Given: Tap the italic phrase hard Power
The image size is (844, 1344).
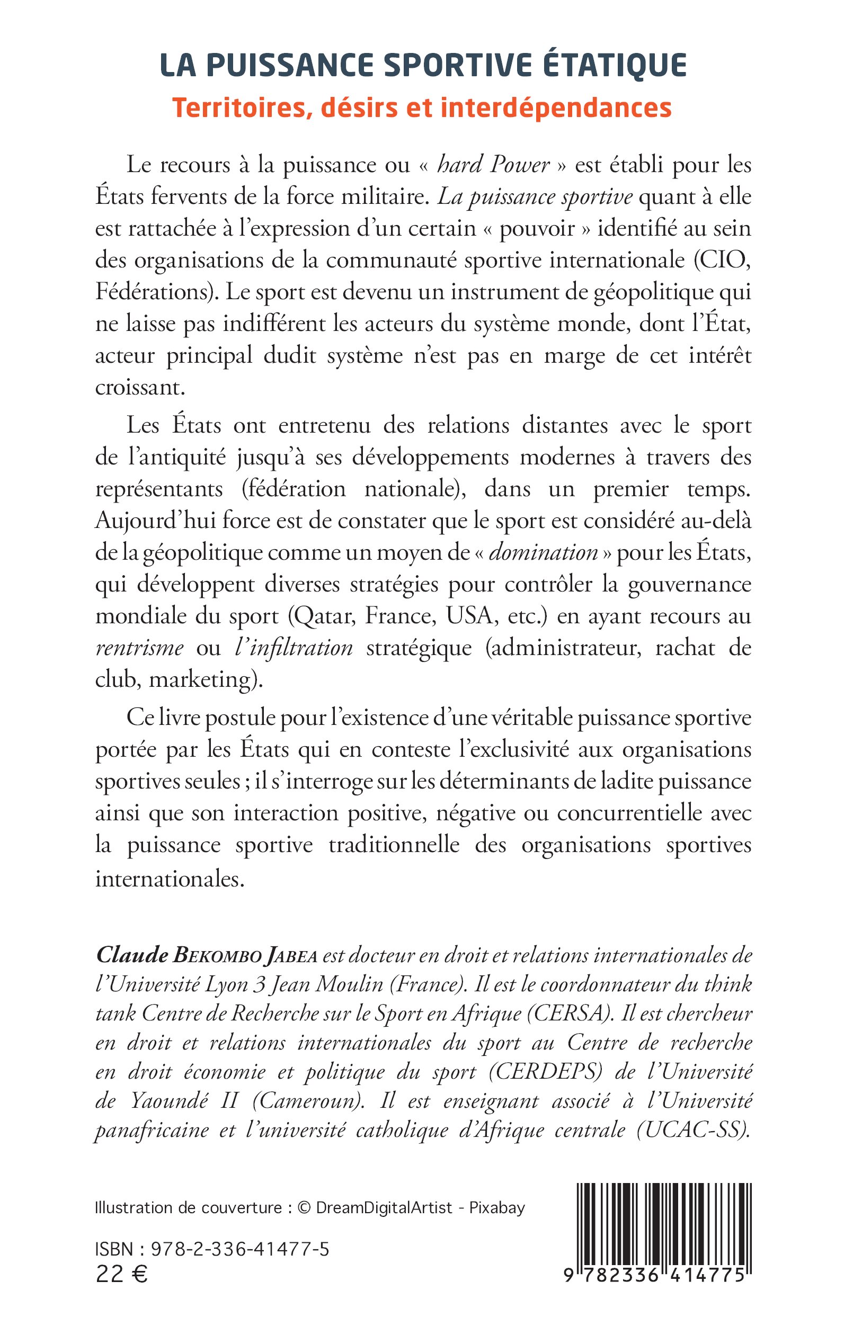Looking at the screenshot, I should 493,165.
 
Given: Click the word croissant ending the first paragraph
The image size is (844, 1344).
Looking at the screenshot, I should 139,387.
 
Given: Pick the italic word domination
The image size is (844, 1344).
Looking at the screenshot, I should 543,552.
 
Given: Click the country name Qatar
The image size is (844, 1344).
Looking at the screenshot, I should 325,616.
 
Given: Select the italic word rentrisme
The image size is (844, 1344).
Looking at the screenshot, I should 139,648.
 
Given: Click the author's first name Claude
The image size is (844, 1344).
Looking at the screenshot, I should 132,955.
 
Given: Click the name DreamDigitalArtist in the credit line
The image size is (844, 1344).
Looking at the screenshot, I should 384,1208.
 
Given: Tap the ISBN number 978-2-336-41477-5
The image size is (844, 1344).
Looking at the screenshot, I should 240,1249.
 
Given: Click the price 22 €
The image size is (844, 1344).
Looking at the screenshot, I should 121,1274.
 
